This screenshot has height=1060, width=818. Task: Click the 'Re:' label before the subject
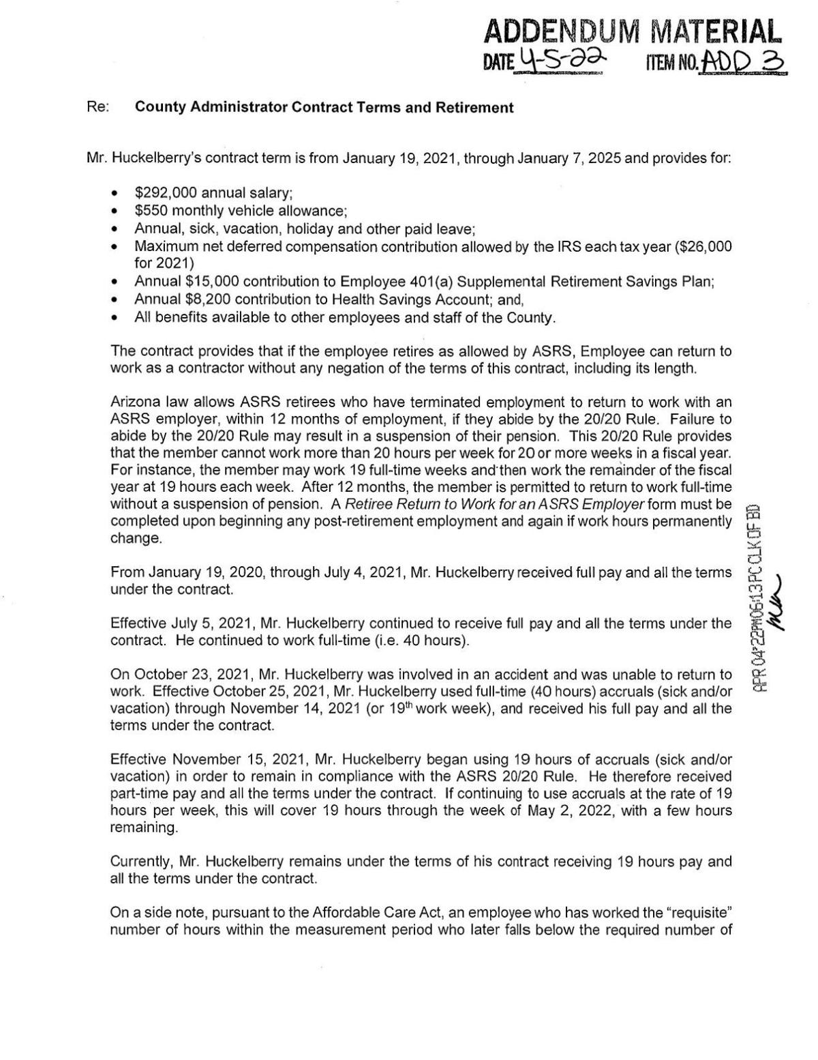96,107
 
